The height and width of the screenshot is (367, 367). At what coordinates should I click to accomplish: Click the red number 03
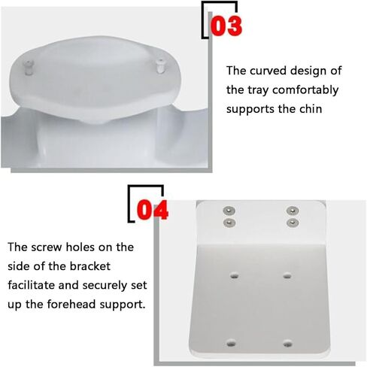pyautogui.click(x=226, y=26)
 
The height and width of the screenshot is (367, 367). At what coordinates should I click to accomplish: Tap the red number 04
pyautogui.click(x=152, y=208)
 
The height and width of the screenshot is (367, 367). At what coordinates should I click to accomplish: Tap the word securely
pyautogui.click(x=108, y=286)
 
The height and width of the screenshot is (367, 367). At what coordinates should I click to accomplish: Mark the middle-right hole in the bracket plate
pyautogui.click(x=287, y=275)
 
